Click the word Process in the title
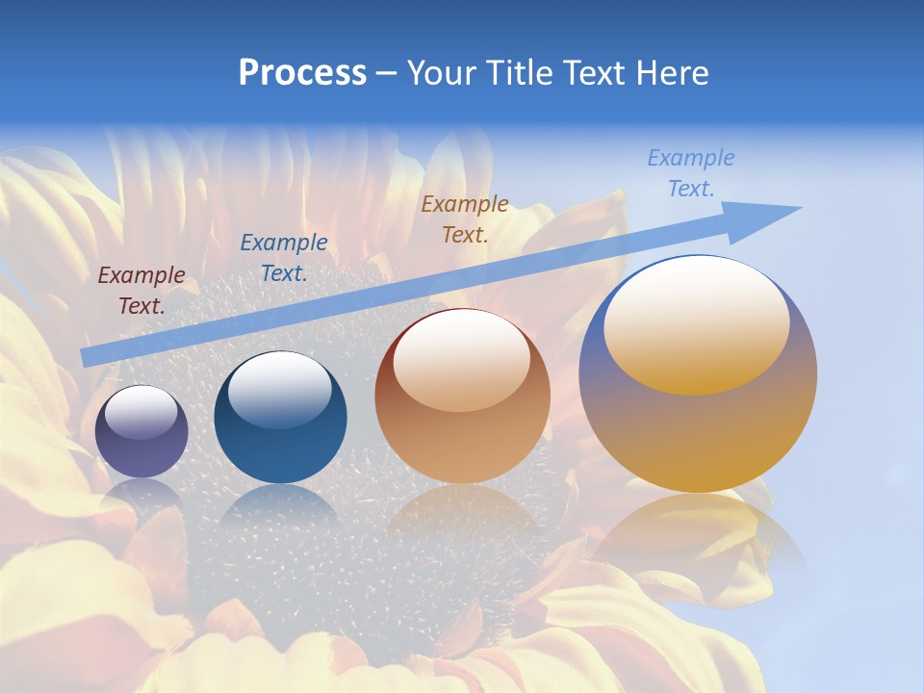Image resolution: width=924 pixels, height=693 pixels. click(302, 73)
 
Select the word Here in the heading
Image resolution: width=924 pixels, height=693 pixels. click(671, 73)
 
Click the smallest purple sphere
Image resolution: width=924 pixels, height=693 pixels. click(141, 432)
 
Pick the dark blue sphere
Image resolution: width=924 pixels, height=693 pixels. click(280, 419)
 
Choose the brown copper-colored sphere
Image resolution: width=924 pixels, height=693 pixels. click(462, 397)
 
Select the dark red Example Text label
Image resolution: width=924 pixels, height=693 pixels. click(141, 291)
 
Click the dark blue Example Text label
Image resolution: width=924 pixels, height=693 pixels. click(284, 258)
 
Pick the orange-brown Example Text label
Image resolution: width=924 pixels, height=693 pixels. click(465, 218)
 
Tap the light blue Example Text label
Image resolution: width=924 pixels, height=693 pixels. click(691, 173)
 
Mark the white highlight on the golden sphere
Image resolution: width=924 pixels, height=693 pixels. click(696, 322)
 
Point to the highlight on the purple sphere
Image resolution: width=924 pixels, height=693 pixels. click(141, 412)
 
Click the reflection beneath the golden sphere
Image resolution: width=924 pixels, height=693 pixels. click(698, 534)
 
